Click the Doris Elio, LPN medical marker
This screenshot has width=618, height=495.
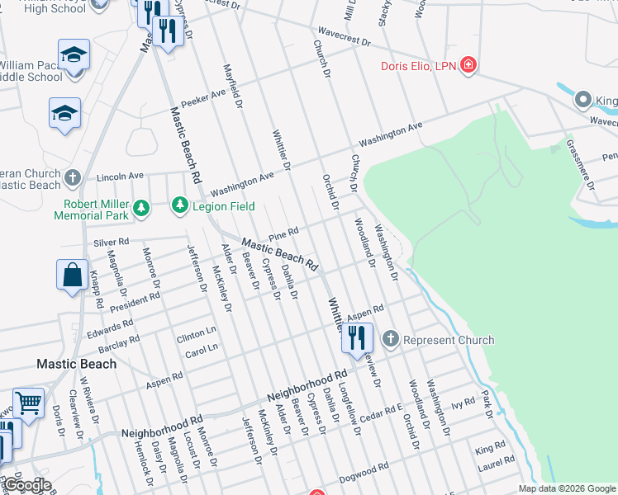468,66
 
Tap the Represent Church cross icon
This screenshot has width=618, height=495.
390,339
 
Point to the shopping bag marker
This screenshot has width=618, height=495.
73,274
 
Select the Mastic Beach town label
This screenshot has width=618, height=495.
76,363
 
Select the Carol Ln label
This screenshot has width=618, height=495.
202,349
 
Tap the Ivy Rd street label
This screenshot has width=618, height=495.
463,403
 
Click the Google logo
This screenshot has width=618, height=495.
28,485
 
